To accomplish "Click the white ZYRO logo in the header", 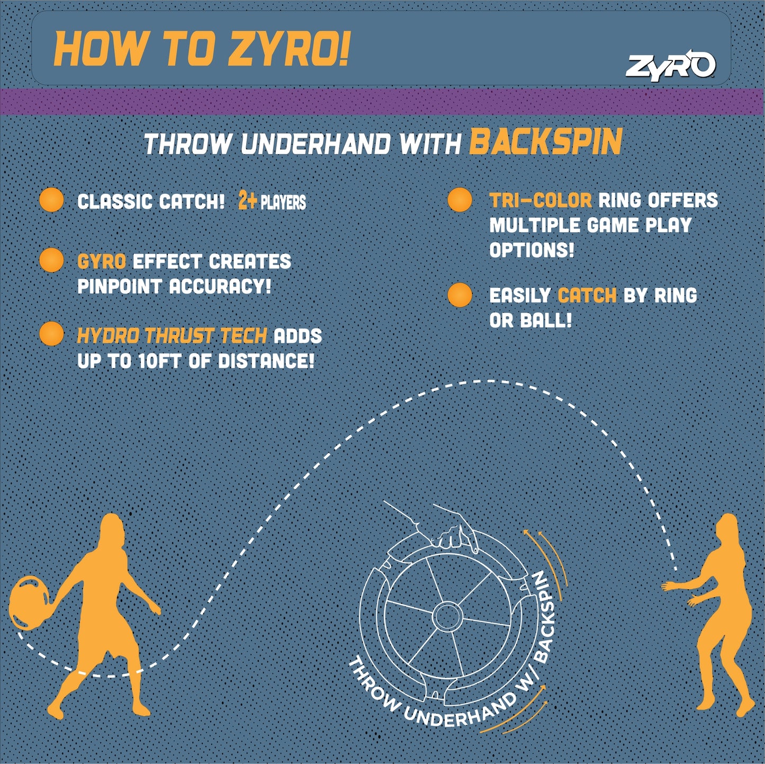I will pyautogui.click(x=670, y=66).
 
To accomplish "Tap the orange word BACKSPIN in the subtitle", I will pyautogui.click(x=545, y=143).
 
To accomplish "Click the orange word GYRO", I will pyautogui.click(x=101, y=261).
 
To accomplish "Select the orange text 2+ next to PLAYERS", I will pyautogui.click(x=247, y=201).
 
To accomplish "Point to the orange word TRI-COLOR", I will pyautogui.click(x=540, y=200).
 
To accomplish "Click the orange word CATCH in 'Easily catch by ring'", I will pyautogui.click(x=587, y=296).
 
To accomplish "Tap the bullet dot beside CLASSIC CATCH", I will pyautogui.click(x=51, y=200).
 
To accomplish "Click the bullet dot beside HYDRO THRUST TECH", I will pyautogui.click(x=51, y=334).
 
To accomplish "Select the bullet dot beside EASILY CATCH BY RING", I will pyautogui.click(x=460, y=295).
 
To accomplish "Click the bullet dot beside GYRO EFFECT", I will pyautogui.click(x=51, y=260).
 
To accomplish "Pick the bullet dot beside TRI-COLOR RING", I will pyautogui.click(x=460, y=200).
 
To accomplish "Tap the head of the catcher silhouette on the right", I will pyautogui.click(x=726, y=529).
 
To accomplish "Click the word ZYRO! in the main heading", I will pyautogui.click(x=289, y=49).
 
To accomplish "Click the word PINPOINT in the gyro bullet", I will pyautogui.click(x=119, y=287).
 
